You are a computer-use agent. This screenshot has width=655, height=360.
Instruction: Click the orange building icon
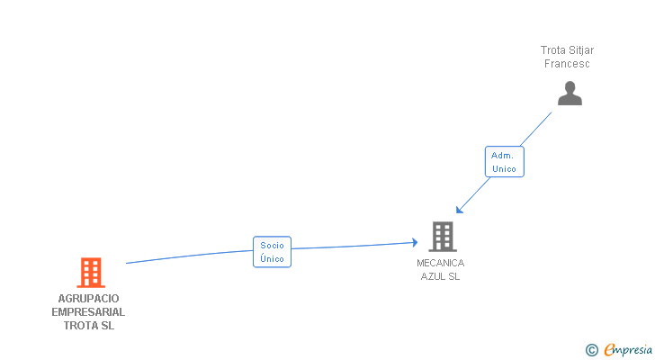90,272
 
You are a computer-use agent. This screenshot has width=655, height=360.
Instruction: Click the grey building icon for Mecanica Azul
442,237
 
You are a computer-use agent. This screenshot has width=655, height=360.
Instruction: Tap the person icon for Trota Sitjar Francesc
570,94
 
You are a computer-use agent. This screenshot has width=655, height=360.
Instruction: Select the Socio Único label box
272,252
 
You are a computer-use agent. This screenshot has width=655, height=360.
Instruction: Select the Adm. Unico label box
504,162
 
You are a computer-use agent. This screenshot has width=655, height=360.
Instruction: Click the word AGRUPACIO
89,298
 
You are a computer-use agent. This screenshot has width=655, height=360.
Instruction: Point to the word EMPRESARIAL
89,311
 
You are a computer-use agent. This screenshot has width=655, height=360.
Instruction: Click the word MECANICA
441,263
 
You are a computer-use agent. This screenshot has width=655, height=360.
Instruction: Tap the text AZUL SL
441,276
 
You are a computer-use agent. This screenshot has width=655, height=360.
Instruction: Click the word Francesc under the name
567,64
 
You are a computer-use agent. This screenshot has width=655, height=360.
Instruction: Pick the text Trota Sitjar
567,50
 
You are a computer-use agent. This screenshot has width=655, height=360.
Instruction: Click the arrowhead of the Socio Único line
416,241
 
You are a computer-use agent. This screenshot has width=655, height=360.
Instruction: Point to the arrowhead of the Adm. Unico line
459,211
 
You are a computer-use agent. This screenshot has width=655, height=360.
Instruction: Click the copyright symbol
591,350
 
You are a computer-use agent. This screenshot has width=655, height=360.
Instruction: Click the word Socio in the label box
272,245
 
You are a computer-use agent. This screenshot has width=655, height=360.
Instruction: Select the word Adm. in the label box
503,155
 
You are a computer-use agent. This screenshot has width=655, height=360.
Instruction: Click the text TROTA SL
89,325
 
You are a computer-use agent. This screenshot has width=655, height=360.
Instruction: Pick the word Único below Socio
272,259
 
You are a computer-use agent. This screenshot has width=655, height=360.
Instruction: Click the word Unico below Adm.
504,169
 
